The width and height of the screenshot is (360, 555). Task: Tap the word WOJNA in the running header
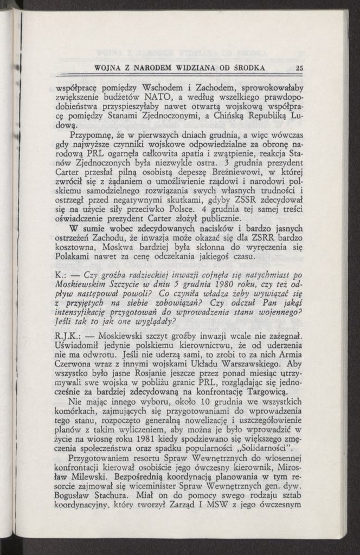[x=107, y=68]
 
